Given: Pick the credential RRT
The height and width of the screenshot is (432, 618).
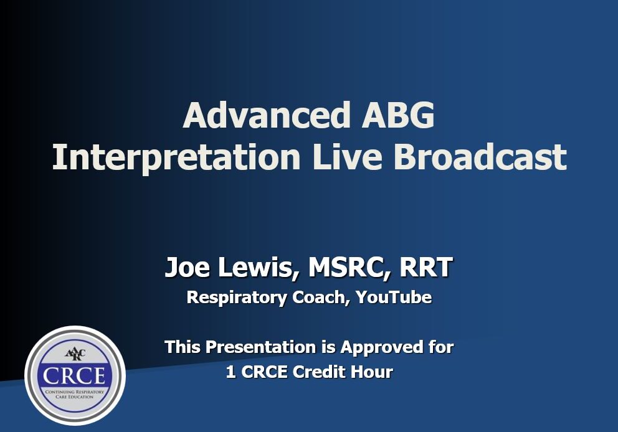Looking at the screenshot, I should coord(425,268).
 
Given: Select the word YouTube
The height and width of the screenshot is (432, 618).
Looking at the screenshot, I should coord(394,298).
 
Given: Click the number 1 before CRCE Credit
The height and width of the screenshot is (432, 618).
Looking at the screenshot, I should coord(231,372).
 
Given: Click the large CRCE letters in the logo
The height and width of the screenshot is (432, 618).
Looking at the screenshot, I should coord(75,375).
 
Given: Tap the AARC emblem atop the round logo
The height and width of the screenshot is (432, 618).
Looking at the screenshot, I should coord(75,354).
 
